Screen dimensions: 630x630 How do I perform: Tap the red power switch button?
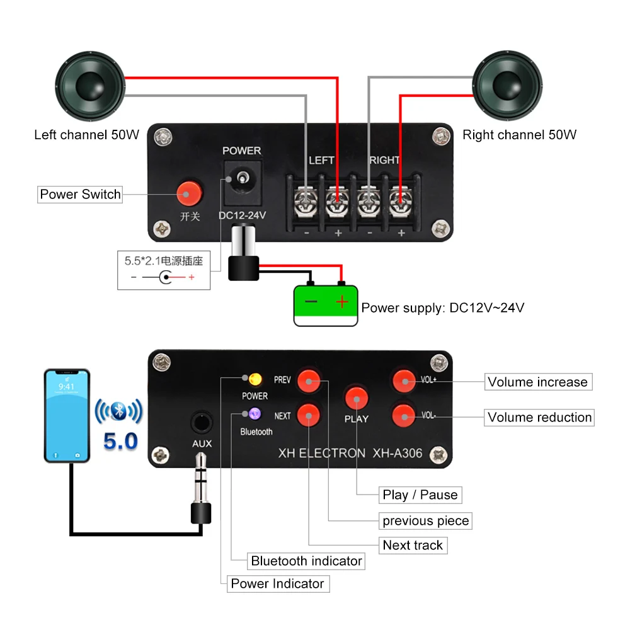click(x=187, y=193)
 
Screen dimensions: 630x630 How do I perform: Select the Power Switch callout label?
click(x=80, y=194)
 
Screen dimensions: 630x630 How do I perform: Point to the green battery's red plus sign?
click(x=341, y=302)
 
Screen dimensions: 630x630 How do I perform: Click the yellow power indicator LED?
click(x=255, y=379)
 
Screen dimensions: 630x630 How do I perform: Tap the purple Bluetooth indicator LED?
click(x=255, y=414)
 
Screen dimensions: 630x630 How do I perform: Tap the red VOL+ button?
click(x=404, y=380)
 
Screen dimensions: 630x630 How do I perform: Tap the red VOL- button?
click(x=404, y=415)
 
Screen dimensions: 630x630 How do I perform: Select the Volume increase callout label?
click(x=537, y=382)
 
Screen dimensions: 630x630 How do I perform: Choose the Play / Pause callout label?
click(x=420, y=495)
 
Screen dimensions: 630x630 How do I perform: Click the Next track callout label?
click(x=413, y=545)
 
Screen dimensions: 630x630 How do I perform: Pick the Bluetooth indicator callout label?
click(x=306, y=561)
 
